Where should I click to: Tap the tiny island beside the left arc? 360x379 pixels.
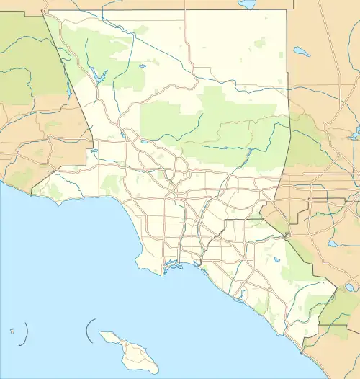pyautogui.click(x=13, y=332)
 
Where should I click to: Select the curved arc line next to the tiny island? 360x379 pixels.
pyautogui.click(x=26, y=331)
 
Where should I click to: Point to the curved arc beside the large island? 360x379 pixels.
pyautogui.click(x=87, y=332)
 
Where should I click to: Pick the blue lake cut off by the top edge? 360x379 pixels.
pyautogui.click(x=247, y=4)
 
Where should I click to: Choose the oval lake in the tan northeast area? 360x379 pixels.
pyautogui.click(x=300, y=52)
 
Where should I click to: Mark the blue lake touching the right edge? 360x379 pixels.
pyautogui.click(x=354, y=135)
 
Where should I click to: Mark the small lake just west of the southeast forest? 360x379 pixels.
pyautogui.click(x=276, y=260)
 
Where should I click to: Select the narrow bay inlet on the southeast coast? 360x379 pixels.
pyautogui.click(x=241, y=294)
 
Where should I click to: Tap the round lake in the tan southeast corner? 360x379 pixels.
pyautogui.click(x=348, y=286)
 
